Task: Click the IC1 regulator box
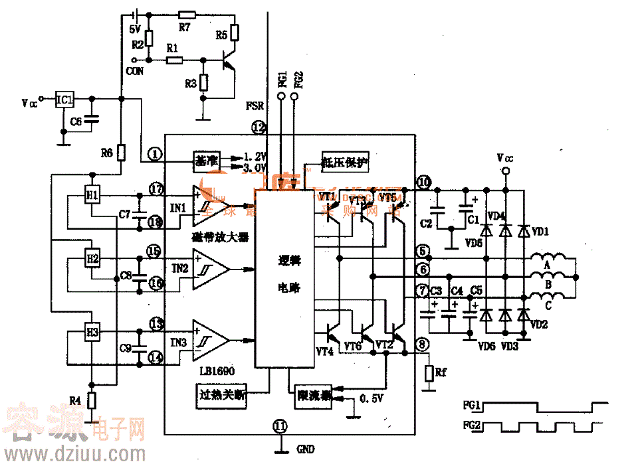63,100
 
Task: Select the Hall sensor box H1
92,194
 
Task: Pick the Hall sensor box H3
92,331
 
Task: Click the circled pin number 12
258,127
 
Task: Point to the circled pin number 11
280,425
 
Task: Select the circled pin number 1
156,154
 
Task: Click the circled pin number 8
423,344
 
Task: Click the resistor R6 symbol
120,153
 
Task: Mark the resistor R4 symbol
92,400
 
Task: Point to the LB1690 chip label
217,372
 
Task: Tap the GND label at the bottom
305,449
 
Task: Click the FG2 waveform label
473,425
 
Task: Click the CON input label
134,71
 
